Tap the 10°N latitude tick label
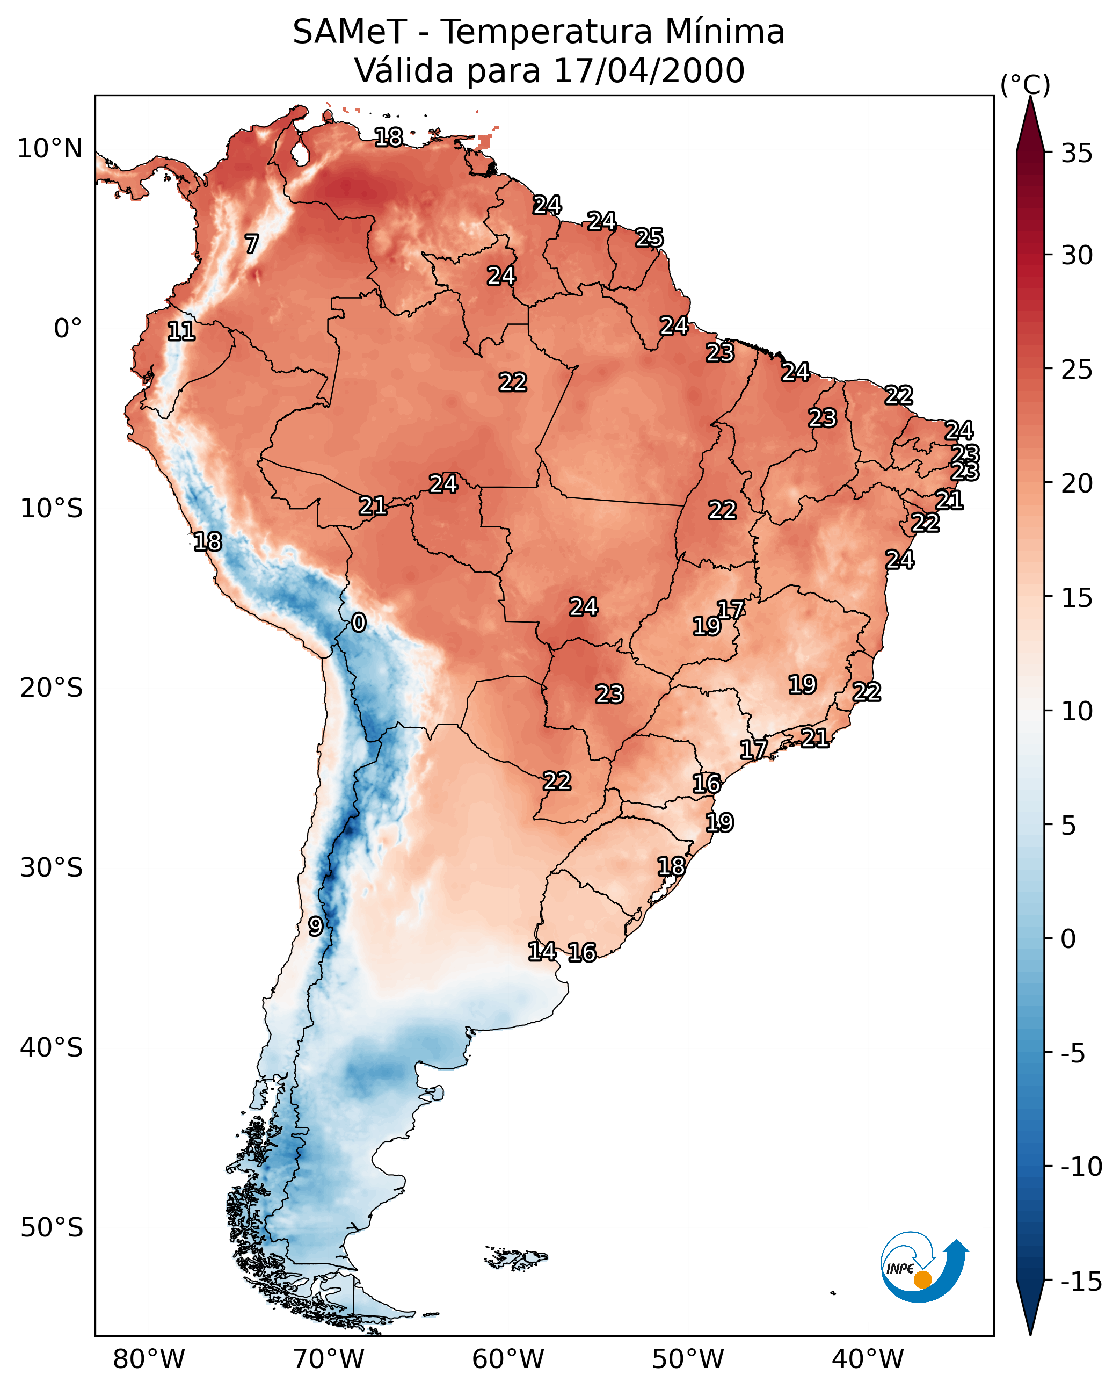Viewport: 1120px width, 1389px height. point(50,149)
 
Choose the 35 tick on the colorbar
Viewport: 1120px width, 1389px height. point(1077,154)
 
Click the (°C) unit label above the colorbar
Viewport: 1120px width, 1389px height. point(1025,84)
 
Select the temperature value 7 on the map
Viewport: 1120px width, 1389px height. point(252,244)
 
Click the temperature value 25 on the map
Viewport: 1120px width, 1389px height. point(649,237)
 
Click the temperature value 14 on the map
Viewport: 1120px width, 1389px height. point(542,951)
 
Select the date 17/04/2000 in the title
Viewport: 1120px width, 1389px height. point(649,71)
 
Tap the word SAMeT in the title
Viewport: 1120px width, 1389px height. point(350,32)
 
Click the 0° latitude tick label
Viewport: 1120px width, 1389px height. point(68,329)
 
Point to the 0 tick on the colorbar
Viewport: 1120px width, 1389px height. point(1068,938)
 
